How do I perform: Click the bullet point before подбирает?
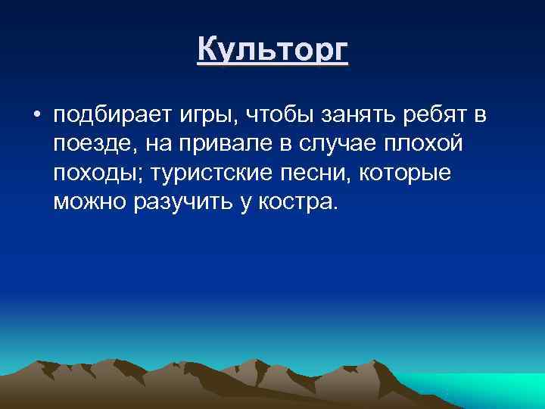pos(36,116)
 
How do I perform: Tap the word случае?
pos(337,145)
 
